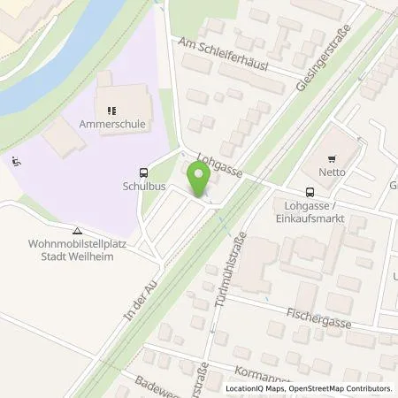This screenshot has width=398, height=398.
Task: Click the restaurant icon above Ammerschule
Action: click(x=112, y=111)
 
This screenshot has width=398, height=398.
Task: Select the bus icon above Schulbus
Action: click(x=142, y=174)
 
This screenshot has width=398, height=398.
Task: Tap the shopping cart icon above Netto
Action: click(x=333, y=160)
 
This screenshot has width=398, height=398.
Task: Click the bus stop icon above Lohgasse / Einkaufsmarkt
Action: click(x=310, y=192)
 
